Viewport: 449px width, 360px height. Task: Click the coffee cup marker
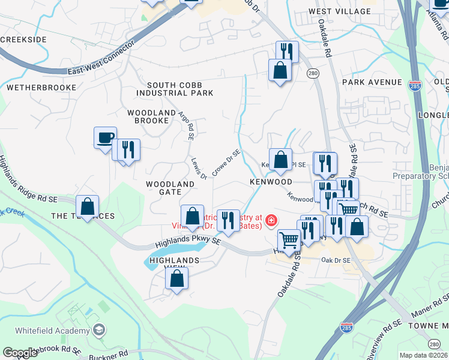point(106,138)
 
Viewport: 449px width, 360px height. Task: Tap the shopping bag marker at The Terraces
point(88,206)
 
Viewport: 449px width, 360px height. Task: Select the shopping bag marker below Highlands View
point(177,278)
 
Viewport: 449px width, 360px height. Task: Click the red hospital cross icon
point(271,221)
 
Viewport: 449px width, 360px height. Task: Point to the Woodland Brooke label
point(148,116)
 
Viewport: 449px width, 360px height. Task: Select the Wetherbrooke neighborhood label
point(41,88)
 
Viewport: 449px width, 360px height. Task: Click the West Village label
point(339,11)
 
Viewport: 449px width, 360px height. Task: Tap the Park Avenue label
point(372,82)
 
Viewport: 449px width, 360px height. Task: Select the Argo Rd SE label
point(185,125)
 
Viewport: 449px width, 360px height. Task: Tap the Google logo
point(20,353)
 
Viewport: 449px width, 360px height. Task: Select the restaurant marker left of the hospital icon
point(228,221)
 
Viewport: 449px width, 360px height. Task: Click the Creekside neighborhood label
point(23,40)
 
